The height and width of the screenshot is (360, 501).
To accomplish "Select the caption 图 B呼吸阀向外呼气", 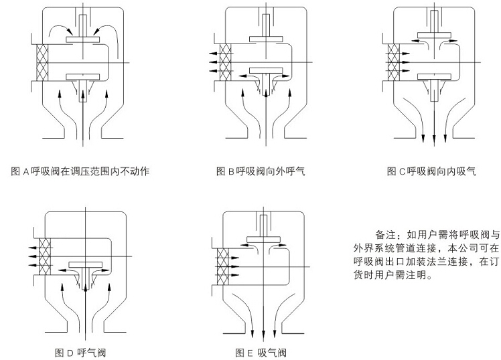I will [x=260, y=171].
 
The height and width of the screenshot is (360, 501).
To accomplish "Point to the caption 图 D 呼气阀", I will [x=80, y=352].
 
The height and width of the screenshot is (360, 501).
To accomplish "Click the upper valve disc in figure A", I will [x=84, y=41].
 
